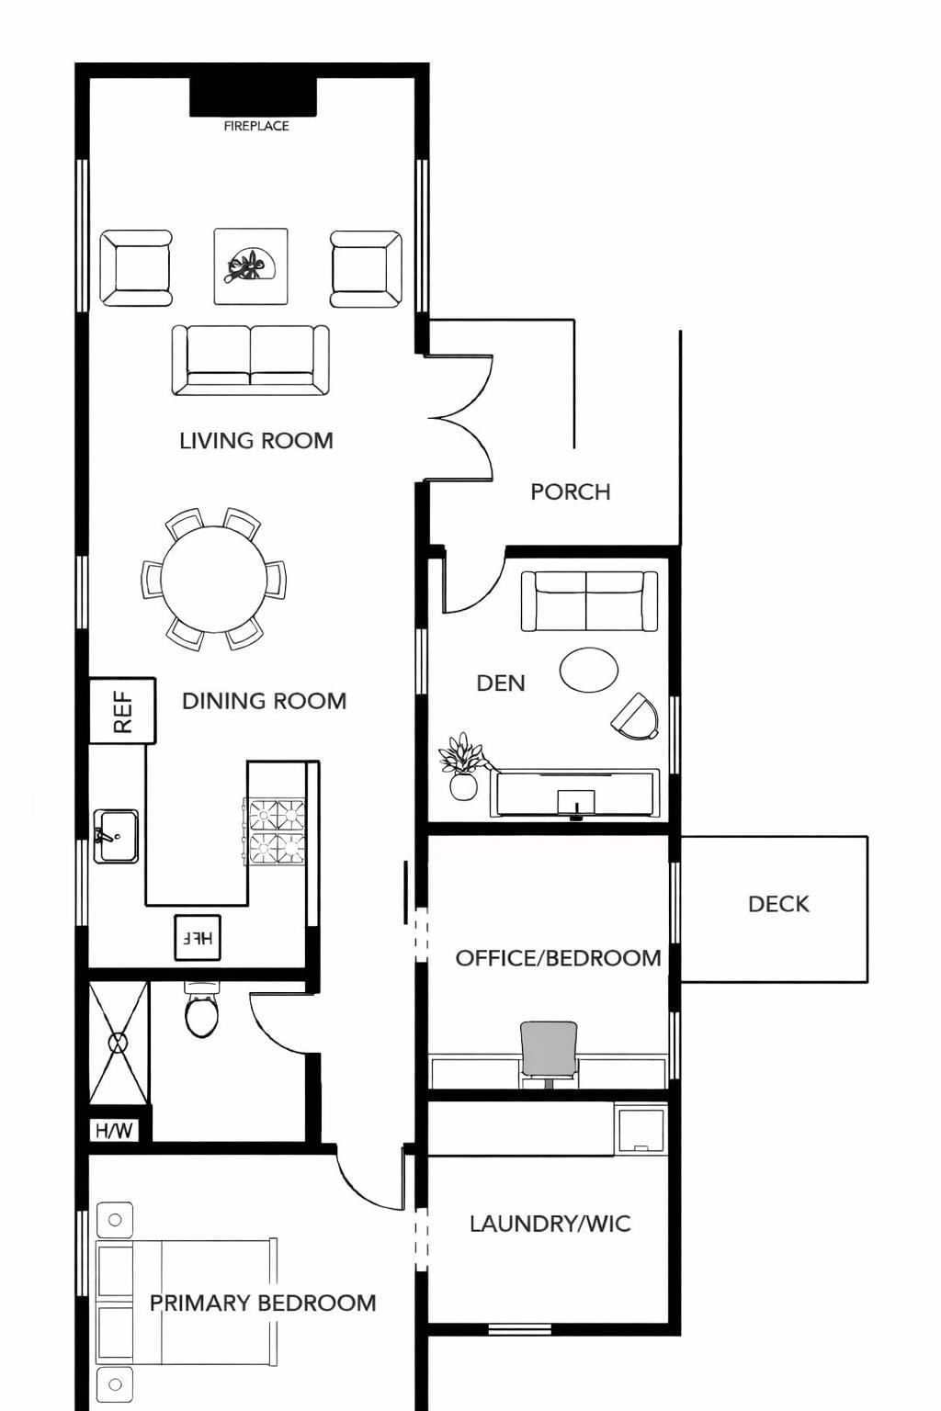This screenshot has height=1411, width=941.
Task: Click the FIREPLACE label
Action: (255, 127)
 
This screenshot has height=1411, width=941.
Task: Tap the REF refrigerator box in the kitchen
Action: (122, 711)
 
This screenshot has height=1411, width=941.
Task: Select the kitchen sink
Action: (116, 836)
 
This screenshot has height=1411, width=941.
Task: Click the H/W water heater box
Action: (113, 1131)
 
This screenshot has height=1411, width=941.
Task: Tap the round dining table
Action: (214, 579)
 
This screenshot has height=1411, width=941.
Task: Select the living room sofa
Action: (251, 360)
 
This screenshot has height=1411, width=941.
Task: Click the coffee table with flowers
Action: (251, 266)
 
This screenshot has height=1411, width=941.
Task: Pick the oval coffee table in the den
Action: (589, 670)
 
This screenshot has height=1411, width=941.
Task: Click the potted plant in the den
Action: (463, 765)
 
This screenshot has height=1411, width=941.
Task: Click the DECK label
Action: (778, 904)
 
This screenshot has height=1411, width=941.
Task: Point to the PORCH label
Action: (571, 492)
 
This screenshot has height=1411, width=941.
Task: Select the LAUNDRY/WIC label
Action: (550, 1224)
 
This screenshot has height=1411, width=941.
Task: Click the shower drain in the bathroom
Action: (118, 1044)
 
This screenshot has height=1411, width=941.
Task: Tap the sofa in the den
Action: (589, 601)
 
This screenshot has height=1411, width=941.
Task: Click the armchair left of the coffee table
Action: (136, 268)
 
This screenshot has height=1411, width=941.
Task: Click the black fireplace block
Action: (253, 97)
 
